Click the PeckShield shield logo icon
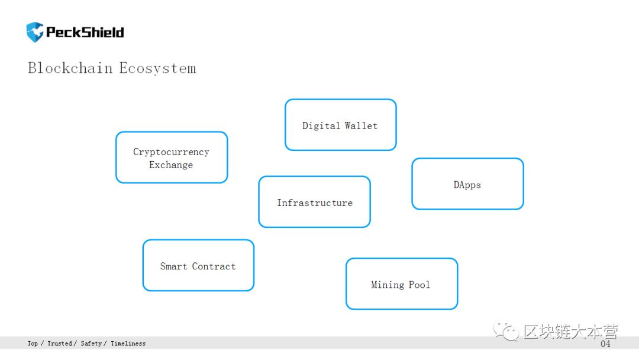pyautogui.click(x=35, y=32)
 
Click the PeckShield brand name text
pyautogui.click(x=85, y=32)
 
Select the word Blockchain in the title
pyautogui.click(x=70, y=67)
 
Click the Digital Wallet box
pyautogui.click(x=341, y=125)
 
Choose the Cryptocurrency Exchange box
pyautogui.click(x=172, y=157)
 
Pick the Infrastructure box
pyautogui.click(x=315, y=202)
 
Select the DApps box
pyautogui.click(x=468, y=184)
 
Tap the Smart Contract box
pyautogui.click(x=198, y=265)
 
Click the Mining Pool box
pyautogui.click(x=402, y=284)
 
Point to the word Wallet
pyautogui.click(x=361, y=126)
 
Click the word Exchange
pyautogui.click(x=171, y=165)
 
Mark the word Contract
pyautogui.click(x=214, y=266)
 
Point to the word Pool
pyautogui.click(x=419, y=285)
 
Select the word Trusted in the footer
pyautogui.click(x=60, y=343)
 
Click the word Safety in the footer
pyautogui.click(x=91, y=343)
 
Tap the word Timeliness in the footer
pyautogui.click(x=128, y=343)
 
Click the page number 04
pyautogui.click(x=606, y=343)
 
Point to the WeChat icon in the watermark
pyautogui.click(x=506, y=331)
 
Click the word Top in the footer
pyautogui.click(x=33, y=343)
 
